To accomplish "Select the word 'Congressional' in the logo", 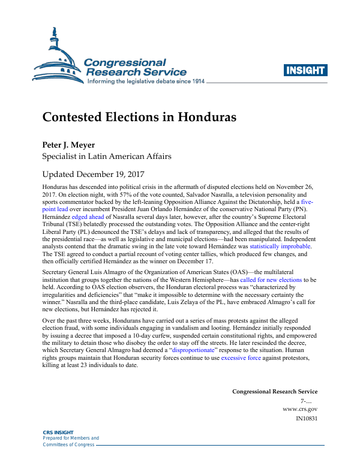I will point(125,62).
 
